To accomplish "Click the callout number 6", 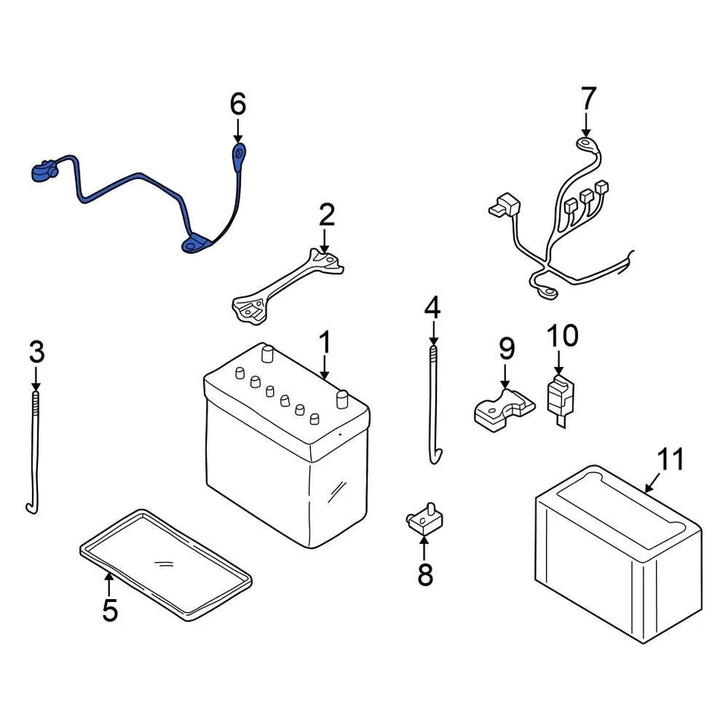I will tap(238, 103).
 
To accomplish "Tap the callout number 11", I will tap(670, 460).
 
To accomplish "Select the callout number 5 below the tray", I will tap(110, 609).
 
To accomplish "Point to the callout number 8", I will tap(425, 574).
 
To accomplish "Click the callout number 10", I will tap(562, 334).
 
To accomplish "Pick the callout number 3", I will tap(36, 352).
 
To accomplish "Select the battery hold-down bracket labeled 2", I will tap(288, 284).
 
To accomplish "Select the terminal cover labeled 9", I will tap(502, 407).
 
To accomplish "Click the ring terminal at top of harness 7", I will tap(585, 141).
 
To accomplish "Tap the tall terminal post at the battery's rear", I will tap(266, 353).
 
